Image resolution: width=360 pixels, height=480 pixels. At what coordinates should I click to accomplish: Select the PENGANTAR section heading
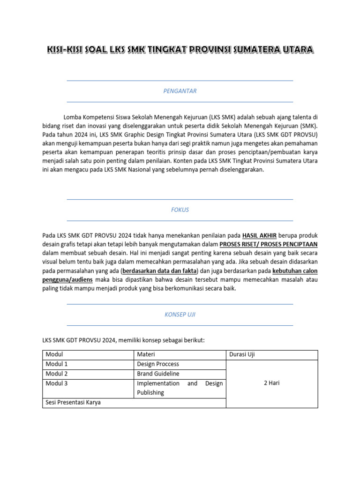point(180,91)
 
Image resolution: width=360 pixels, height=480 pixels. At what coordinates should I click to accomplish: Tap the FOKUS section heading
point(180,210)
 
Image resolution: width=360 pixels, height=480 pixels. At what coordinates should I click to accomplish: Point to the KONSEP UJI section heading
point(180,315)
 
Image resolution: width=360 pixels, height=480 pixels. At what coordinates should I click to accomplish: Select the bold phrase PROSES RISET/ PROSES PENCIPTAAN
point(269,244)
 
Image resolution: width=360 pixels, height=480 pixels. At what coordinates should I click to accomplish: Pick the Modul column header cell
point(54,354)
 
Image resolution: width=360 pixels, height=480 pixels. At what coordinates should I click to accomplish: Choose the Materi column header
point(146,354)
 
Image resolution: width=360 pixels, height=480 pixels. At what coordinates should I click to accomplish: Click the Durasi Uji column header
point(242,354)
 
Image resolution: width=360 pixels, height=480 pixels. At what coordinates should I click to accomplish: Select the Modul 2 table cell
point(57,374)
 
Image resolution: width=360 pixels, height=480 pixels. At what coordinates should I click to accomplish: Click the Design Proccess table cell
point(158,364)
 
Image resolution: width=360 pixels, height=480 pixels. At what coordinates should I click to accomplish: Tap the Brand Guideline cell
point(158,374)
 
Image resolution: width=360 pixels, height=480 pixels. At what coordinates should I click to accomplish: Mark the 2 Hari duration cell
point(272,383)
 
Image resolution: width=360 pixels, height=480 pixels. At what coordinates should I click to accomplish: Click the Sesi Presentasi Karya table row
point(73,402)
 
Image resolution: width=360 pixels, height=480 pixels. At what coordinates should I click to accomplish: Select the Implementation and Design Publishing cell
point(180,388)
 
